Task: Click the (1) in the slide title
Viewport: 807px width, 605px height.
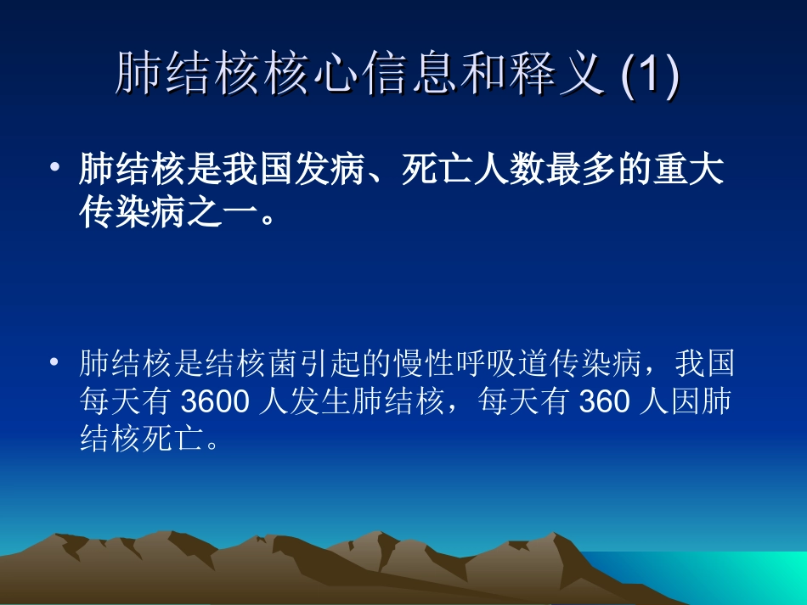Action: tap(651, 76)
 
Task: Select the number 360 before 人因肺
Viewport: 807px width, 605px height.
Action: tap(603, 403)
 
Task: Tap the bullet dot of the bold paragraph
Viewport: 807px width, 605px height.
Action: tap(55, 164)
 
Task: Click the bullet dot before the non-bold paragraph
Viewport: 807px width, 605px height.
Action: tap(55, 362)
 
